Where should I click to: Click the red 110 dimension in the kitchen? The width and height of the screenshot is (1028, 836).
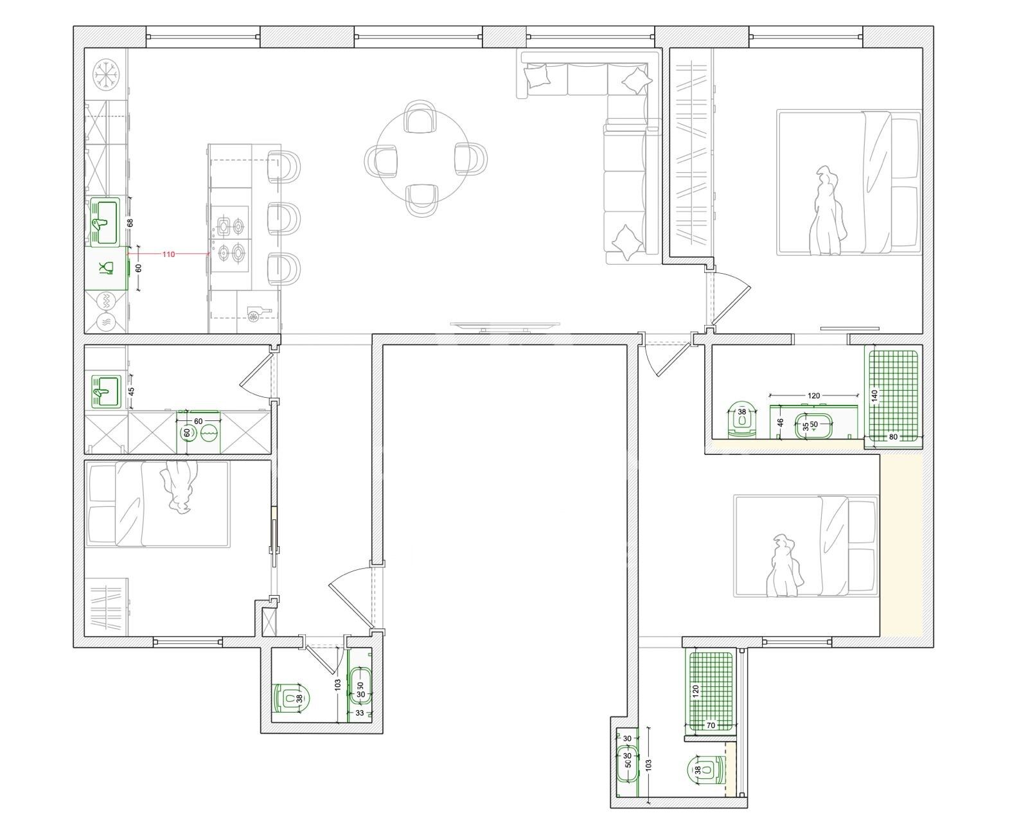[x=168, y=254]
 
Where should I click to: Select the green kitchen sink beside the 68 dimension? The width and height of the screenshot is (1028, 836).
[x=104, y=222]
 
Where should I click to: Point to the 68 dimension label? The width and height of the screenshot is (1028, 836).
[x=130, y=223]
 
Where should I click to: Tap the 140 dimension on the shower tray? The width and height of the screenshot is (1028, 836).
[x=874, y=396]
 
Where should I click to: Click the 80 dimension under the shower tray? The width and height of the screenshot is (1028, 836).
[x=892, y=438]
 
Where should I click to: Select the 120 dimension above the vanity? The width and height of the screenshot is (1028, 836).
[x=813, y=396]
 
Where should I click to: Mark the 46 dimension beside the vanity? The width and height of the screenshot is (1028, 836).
[x=781, y=422]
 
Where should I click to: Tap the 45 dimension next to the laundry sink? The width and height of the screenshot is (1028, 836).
[x=131, y=391]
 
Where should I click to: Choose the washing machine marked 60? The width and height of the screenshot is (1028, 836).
[x=200, y=432]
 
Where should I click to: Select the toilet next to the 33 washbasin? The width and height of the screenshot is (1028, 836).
[x=292, y=698]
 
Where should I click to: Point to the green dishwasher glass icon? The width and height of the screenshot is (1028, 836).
[x=107, y=267]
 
